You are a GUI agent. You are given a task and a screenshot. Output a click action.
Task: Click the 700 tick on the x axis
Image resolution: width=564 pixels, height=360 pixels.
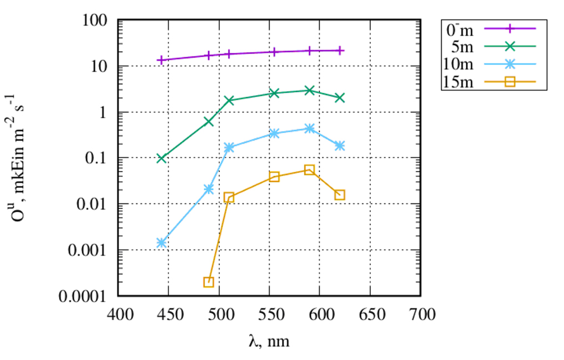click(x=420, y=315)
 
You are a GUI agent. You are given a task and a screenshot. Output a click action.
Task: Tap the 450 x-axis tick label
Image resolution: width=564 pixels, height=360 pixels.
click(x=169, y=315)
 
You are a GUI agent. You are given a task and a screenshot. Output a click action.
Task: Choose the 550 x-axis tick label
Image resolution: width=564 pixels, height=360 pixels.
click(x=270, y=315)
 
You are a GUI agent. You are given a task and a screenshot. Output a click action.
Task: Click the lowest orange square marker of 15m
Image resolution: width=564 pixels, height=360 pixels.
click(x=209, y=282)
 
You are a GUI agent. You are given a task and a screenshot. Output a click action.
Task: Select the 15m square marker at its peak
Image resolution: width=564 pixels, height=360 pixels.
click(x=310, y=169)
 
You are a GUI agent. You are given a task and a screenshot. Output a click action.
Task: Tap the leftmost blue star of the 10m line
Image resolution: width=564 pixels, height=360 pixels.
click(x=162, y=243)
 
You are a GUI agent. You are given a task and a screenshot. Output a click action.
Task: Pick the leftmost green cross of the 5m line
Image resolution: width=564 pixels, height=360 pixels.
click(x=162, y=158)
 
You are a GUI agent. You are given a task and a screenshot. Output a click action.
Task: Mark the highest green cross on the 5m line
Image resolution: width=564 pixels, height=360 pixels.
click(x=310, y=90)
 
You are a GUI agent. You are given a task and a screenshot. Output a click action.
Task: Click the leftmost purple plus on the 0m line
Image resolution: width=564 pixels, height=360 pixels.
click(x=162, y=60)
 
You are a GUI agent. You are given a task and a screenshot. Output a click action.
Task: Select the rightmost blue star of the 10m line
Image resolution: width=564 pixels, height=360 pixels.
click(x=340, y=146)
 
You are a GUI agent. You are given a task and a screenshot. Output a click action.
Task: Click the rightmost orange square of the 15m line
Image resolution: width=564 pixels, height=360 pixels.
click(x=340, y=194)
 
